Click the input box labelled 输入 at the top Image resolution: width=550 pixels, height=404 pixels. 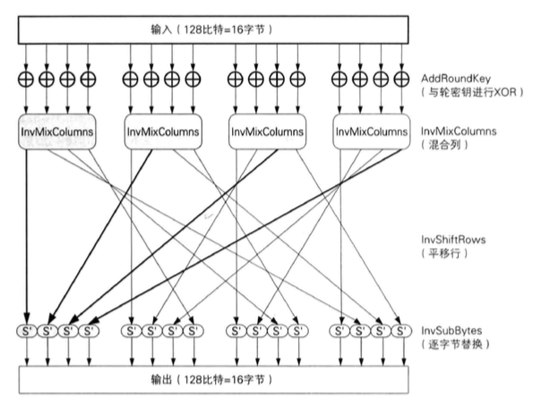(211, 30)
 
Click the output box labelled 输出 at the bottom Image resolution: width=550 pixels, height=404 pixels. (211, 378)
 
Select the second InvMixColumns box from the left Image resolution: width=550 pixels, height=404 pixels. (162, 132)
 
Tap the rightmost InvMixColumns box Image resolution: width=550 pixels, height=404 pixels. (368, 132)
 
